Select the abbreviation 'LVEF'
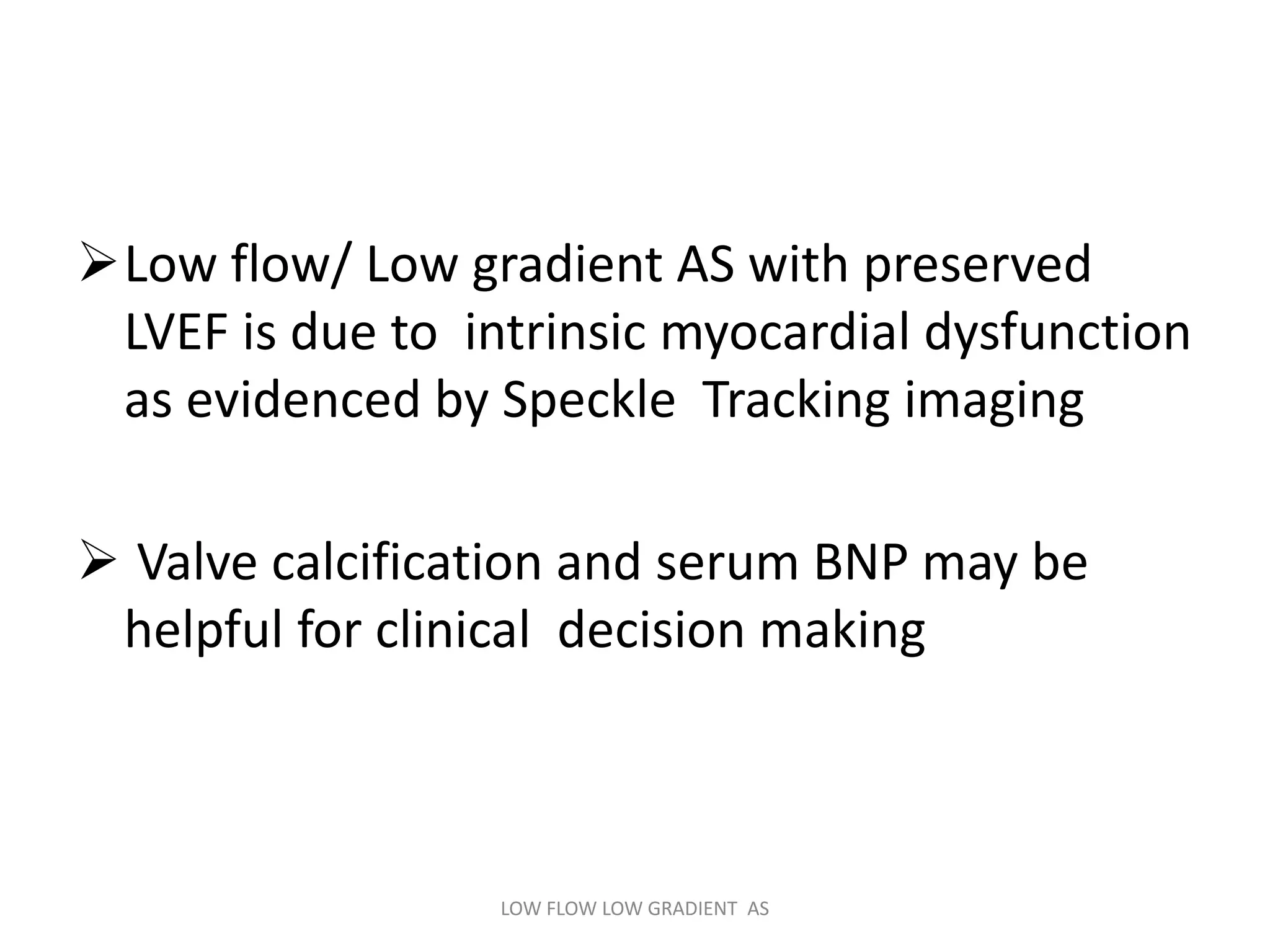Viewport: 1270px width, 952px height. tap(175, 333)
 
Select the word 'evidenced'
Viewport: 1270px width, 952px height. tap(303, 400)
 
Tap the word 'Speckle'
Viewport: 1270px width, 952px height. tap(588, 400)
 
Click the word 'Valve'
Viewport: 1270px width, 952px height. tap(197, 563)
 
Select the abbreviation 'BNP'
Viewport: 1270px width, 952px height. tap(860, 563)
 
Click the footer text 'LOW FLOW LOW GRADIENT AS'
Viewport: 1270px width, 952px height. tap(634, 909)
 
